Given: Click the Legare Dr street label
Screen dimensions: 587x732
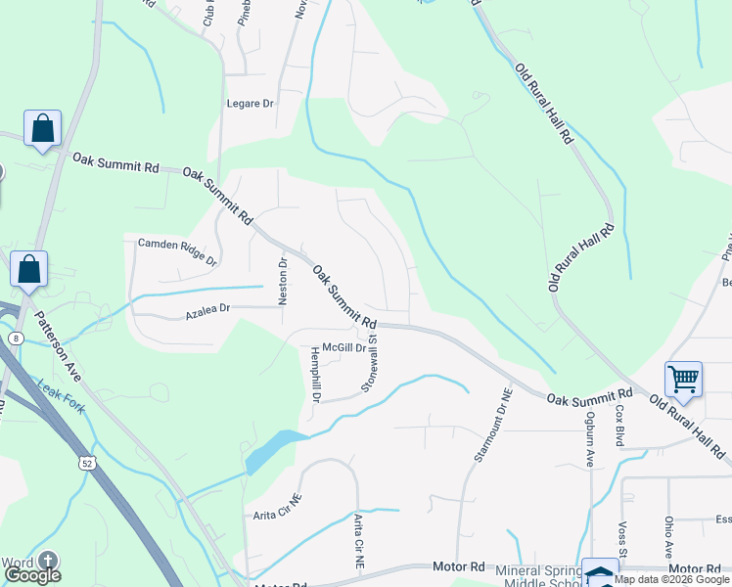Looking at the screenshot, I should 251,103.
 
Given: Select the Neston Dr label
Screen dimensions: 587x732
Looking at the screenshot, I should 283,282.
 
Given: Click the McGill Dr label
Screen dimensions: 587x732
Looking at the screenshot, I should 344,347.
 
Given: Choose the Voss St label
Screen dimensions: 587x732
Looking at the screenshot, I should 621,533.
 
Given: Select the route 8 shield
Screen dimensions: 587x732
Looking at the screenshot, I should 16,338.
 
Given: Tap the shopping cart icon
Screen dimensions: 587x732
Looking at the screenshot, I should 682,378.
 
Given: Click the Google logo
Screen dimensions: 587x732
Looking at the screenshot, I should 32,575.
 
